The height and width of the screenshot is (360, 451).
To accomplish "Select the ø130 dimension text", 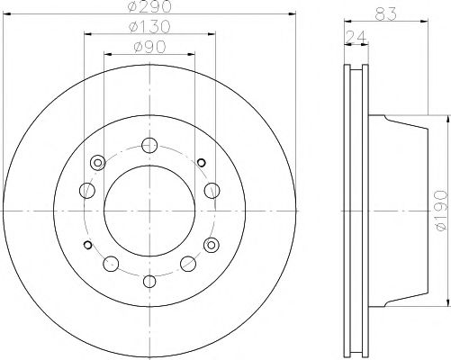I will point(150,26).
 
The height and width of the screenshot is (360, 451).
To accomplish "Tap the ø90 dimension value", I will point(150,46).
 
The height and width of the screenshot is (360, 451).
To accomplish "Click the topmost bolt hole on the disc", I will point(150,144).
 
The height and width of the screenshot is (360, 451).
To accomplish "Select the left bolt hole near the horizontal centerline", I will point(87,190).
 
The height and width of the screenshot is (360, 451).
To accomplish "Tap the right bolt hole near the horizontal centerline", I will point(212,190).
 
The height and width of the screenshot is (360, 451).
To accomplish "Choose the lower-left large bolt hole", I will point(112,263).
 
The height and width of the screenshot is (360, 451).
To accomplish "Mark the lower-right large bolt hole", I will point(189,263).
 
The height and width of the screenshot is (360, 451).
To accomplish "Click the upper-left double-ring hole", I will point(96,163).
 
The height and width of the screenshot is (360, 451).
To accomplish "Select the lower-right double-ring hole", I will point(212,245).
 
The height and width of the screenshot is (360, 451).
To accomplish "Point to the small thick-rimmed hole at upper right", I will point(202,162).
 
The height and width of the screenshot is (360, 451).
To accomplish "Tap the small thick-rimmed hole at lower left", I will point(87,245).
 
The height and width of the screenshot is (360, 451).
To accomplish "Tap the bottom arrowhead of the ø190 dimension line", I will point(447,304).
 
